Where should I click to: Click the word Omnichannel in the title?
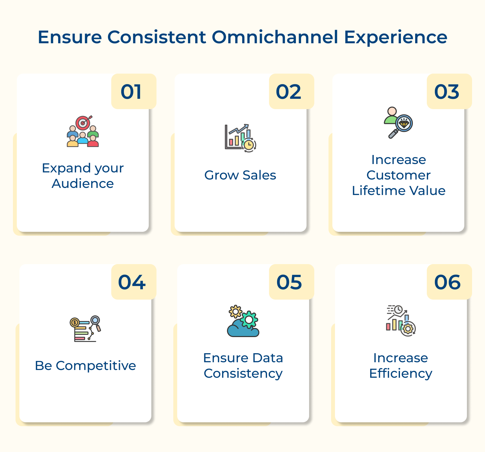(x=275, y=37)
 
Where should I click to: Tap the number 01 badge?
(x=134, y=91)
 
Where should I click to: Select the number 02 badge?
(x=291, y=91)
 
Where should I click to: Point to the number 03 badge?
(x=449, y=91)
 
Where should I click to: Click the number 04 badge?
(x=134, y=282)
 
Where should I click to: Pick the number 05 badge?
(x=291, y=282)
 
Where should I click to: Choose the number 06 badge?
(x=449, y=282)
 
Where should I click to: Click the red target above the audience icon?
(x=83, y=123)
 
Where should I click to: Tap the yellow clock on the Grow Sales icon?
(x=249, y=145)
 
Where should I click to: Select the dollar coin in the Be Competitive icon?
(x=74, y=323)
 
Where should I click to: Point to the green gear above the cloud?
(x=249, y=320)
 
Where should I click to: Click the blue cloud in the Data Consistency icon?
(x=243, y=329)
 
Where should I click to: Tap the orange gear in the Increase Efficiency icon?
(x=408, y=329)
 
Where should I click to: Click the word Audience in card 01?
(x=83, y=183)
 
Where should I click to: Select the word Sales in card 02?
(x=259, y=175)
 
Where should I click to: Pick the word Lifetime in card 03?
(x=379, y=190)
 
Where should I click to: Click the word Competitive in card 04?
(x=96, y=366)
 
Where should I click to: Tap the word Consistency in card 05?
(x=243, y=374)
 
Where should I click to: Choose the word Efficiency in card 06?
(x=401, y=374)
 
